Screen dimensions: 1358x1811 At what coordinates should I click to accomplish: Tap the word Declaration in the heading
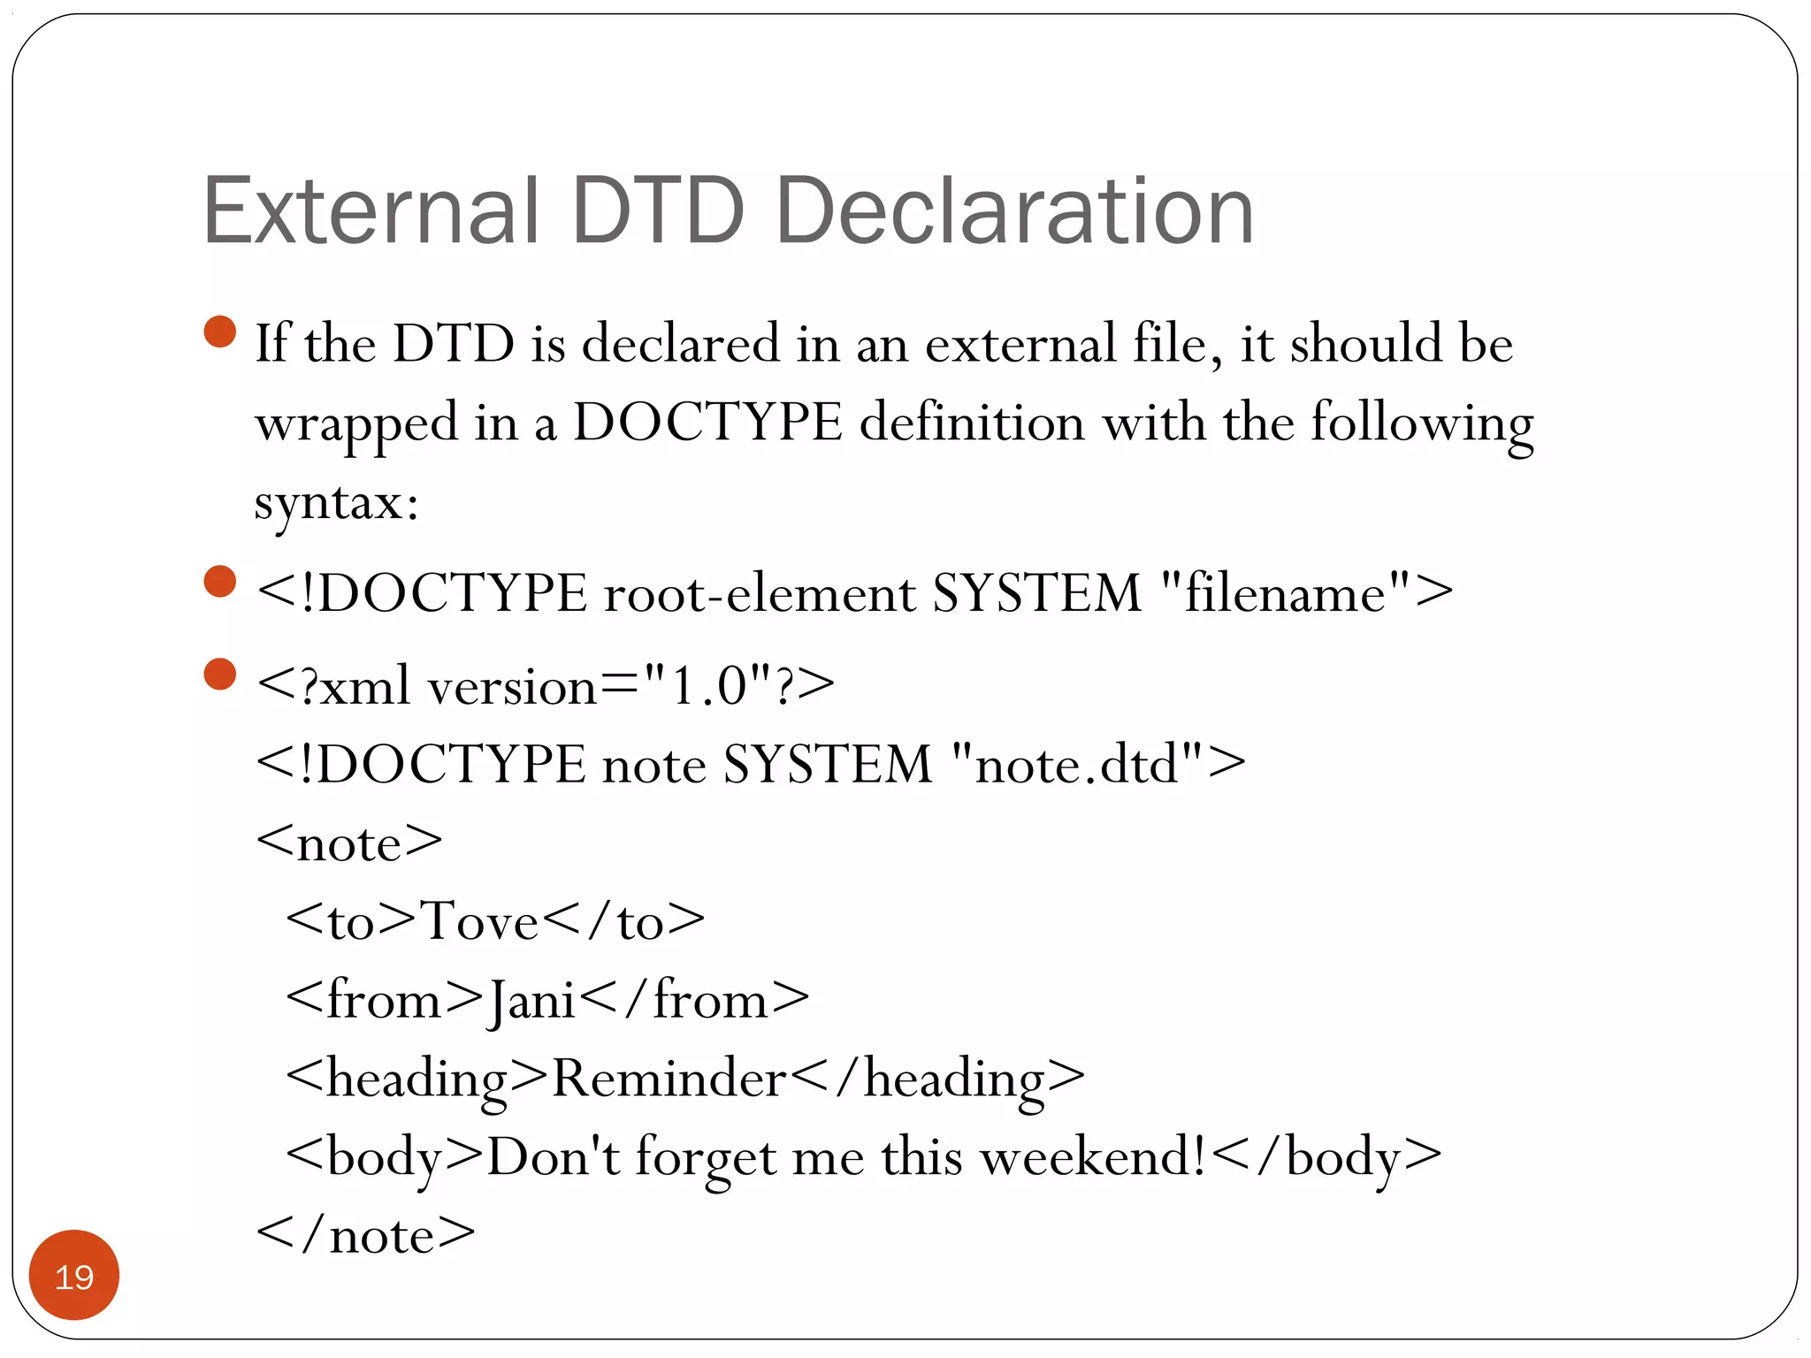point(1014,211)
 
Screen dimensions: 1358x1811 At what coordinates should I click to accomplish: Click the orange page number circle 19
point(74,1276)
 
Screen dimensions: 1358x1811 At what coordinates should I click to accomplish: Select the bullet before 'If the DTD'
point(219,332)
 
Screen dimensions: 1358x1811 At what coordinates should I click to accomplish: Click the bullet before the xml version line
point(219,674)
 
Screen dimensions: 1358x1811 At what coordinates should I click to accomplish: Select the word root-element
point(760,592)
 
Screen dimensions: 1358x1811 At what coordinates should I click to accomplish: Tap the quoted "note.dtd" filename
point(1077,764)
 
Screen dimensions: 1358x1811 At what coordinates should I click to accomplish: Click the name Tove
point(478,921)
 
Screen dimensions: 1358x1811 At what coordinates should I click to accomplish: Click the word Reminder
point(669,1079)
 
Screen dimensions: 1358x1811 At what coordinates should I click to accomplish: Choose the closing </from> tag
point(696,1001)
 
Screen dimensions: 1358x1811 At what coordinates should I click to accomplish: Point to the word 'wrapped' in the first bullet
point(356,423)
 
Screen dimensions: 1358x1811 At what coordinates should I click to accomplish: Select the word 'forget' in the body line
point(706,1156)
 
